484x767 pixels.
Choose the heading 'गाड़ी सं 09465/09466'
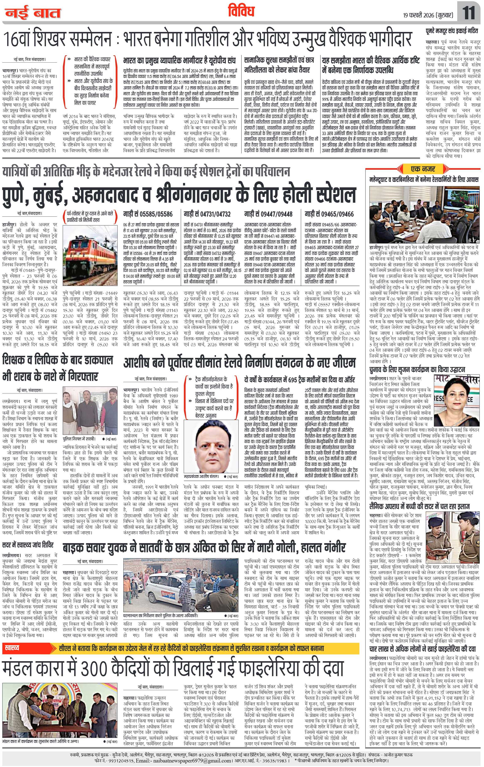pos(329,214)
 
